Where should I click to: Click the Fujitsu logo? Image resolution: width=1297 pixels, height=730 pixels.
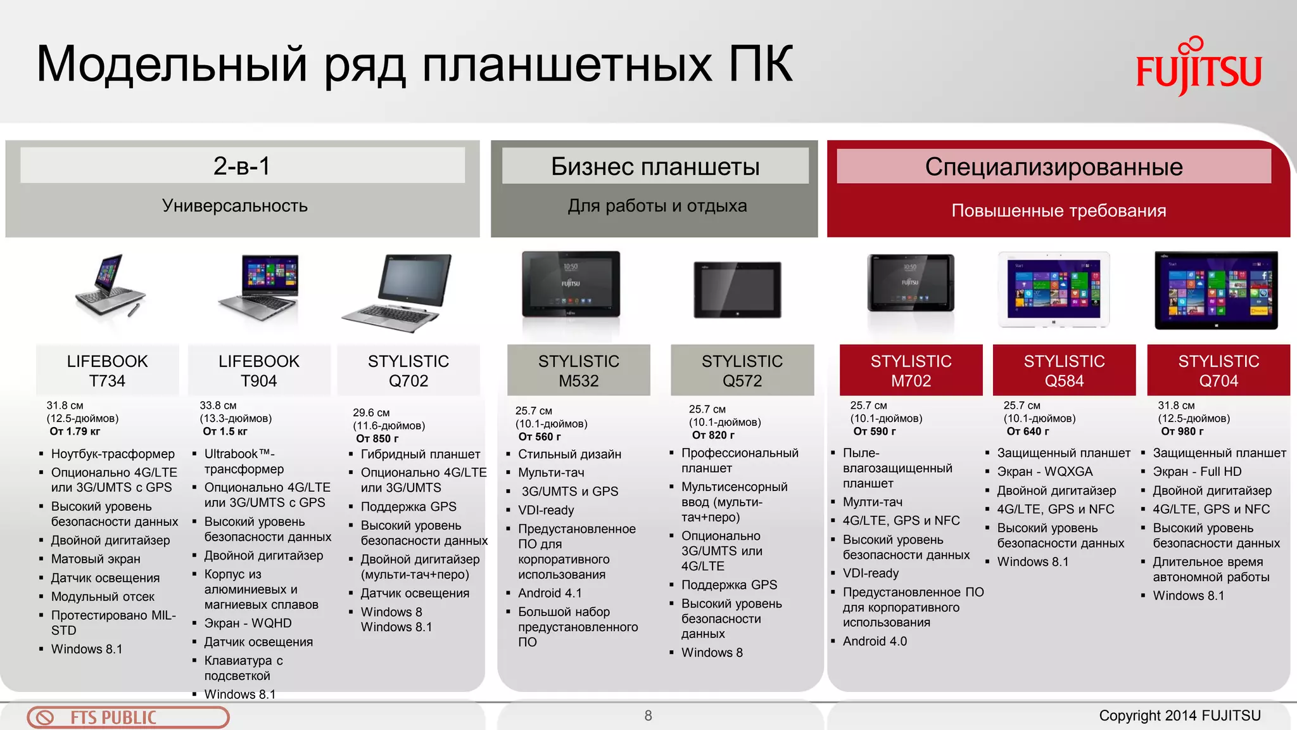[x=1198, y=67]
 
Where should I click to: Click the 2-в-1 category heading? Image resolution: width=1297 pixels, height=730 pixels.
[x=242, y=166]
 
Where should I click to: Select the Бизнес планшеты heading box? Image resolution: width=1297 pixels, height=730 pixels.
[x=655, y=167]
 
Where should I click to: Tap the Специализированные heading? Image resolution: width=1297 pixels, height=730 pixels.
[x=1053, y=167]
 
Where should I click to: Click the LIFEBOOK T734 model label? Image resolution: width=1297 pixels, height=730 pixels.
[x=107, y=371]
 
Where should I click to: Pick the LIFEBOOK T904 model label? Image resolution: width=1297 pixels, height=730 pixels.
[x=258, y=371]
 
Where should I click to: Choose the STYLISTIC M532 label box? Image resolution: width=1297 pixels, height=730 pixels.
[x=578, y=371]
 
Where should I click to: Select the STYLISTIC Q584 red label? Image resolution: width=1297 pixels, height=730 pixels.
[x=1064, y=371]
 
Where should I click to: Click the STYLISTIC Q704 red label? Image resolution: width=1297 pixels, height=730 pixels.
[x=1218, y=371]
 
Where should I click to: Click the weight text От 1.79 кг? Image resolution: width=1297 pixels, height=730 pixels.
[x=75, y=432]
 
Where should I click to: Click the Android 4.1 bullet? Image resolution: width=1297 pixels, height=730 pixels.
[x=549, y=593]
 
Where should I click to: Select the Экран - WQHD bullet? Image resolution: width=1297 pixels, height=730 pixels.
[x=248, y=623]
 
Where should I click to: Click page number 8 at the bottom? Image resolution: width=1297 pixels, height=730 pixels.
[x=648, y=715]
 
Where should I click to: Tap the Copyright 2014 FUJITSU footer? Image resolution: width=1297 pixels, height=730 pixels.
[x=1179, y=715]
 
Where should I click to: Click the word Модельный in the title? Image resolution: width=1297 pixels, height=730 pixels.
[x=171, y=64]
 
